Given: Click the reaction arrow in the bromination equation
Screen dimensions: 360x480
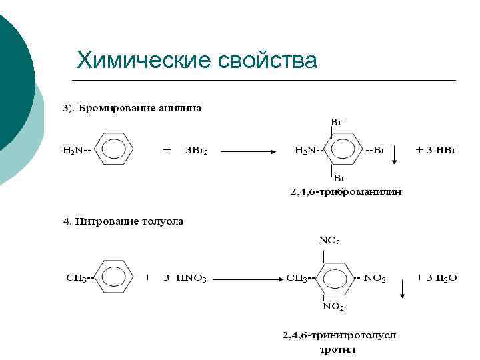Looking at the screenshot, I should point(249,151).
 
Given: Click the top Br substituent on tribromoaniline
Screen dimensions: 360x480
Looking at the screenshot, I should point(337,123).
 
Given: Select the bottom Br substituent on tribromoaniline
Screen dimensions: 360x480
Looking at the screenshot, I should point(339,178).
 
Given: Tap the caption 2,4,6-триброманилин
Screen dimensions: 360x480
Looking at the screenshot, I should point(346,192).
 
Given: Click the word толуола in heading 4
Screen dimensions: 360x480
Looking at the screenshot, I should point(163,221).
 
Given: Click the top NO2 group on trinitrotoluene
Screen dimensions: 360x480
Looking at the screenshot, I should point(330,240).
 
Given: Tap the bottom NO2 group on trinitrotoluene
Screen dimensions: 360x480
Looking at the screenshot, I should point(333,307).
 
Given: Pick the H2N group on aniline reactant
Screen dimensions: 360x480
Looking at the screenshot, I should point(73,151).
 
